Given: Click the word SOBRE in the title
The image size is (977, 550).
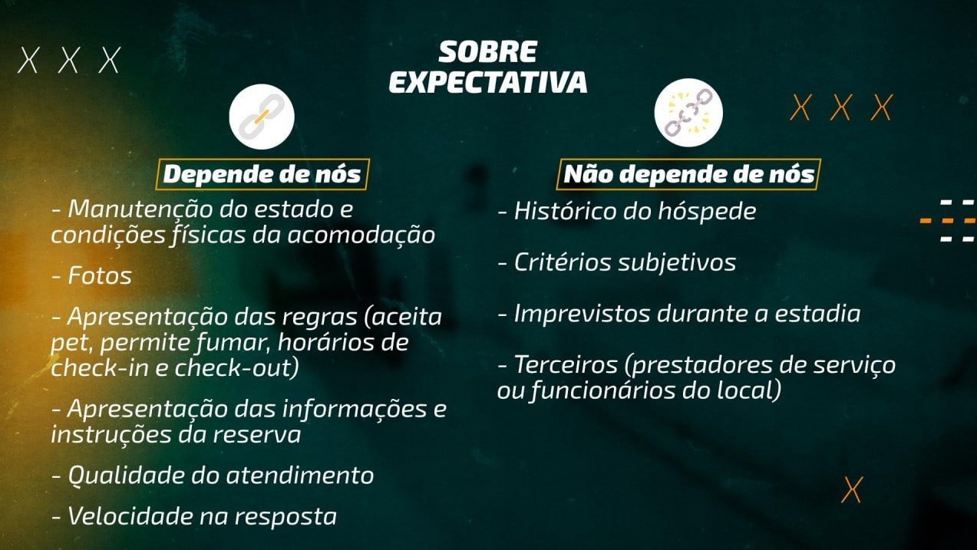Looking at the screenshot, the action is (487, 52).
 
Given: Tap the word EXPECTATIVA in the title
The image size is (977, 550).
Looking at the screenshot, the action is (487, 82).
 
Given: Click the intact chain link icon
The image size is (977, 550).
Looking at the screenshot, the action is (262, 117).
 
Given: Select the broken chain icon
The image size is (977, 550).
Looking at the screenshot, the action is (688, 113).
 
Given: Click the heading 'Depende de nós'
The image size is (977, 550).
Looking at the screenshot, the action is (262, 174).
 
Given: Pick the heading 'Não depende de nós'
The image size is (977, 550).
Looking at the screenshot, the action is (688, 174).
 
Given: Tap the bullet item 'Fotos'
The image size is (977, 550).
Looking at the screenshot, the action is (92, 276).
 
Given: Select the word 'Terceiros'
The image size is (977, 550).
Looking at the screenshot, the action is (566, 365).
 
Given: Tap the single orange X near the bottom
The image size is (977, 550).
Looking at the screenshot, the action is (852, 490).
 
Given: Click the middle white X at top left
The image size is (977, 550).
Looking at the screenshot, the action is (68, 60).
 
